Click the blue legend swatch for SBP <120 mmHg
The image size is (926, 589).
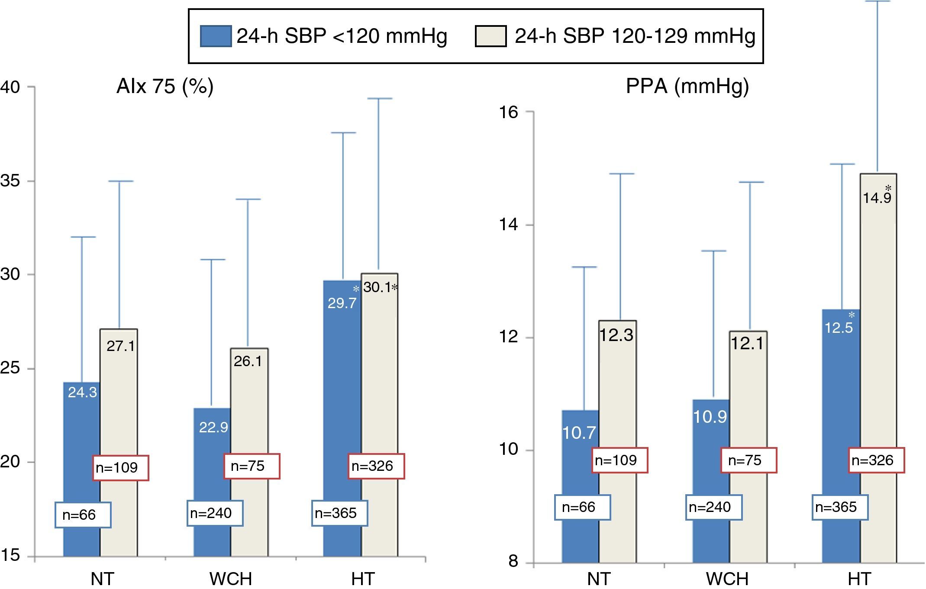pos(215,36)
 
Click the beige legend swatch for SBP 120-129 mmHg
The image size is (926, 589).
pos(490,36)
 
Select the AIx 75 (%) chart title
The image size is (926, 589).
pos(165,87)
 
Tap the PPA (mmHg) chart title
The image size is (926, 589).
pos(687,87)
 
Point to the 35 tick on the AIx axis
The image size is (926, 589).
pos(10,181)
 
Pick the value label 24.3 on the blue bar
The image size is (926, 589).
pos(82,393)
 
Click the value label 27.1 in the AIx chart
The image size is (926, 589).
pos(120,346)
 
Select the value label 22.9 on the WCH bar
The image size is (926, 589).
pos(213,428)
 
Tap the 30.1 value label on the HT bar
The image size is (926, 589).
pos(377,287)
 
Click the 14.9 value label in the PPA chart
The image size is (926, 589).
pos(877,198)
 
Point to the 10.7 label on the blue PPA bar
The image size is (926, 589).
pos(579,433)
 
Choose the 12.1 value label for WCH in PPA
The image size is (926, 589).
pos(747,344)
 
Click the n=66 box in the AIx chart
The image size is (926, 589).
pos(83,515)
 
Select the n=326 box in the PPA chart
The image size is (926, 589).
pos(876,460)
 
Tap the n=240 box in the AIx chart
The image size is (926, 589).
pos(215,513)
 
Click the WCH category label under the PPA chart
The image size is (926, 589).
pos(727,579)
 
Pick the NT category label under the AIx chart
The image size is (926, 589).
pos(103,579)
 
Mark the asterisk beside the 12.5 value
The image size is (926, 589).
pos(851,315)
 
